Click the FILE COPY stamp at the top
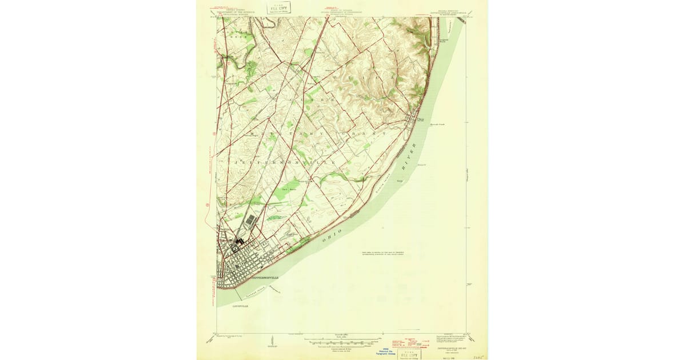click(280, 7)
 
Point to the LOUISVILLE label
click(241, 306)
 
